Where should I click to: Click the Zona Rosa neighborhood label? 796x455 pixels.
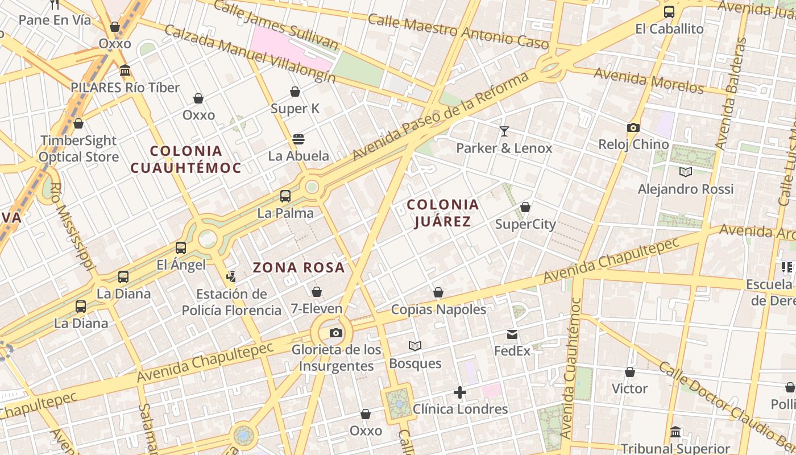tap(298, 267)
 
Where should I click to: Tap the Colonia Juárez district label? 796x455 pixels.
tap(443, 213)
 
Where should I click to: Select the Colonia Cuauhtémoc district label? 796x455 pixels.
tap(186, 159)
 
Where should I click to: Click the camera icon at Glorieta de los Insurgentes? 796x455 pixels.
tap(336, 333)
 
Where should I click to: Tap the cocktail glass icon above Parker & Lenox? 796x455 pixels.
tap(504, 131)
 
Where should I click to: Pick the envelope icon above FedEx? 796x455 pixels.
tap(512, 334)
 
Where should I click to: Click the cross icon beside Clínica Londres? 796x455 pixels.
tap(460, 392)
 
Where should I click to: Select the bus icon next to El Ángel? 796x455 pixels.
tap(181, 248)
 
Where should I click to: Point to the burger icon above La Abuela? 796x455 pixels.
tap(298, 139)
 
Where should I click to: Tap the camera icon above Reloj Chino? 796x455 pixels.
tap(633, 128)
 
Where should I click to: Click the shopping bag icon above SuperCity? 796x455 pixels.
tap(525, 207)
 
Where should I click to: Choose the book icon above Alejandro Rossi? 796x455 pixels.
tap(686, 172)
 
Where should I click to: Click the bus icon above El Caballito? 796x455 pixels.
tap(669, 12)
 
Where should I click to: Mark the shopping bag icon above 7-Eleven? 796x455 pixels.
tap(317, 292)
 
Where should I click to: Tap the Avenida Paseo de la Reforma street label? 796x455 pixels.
tap(441, 117)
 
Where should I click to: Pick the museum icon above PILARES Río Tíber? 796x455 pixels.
tap(125, 71)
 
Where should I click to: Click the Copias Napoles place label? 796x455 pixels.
tap(438, 309)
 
